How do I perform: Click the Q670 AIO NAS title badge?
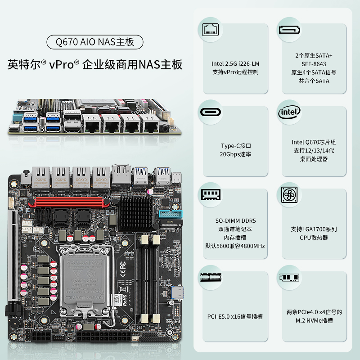click(x=95, y=42)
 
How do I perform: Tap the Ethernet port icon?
click(x=210, y=30)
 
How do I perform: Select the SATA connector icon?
click(x=289, y=30)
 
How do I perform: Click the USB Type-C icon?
click(x=210, y=112)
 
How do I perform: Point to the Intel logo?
click(x=289, y=112)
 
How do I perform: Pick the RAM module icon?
click(x=211, y=195)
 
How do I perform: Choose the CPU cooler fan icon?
click(x=289, y=195)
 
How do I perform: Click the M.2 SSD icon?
click(x=289, y=277)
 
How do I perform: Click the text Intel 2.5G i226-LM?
click(x=235, y=63)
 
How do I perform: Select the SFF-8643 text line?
click(x=314, y=64)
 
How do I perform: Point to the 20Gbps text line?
click(x=235, y=154)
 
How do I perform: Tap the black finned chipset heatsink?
click(x=136, y=213)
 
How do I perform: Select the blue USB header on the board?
click(x=171, y=215)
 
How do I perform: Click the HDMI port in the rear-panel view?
click(x=72, y=129)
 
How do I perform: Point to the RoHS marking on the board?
click(x=125, y=300)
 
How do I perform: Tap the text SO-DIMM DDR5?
click(x=235, y=221)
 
